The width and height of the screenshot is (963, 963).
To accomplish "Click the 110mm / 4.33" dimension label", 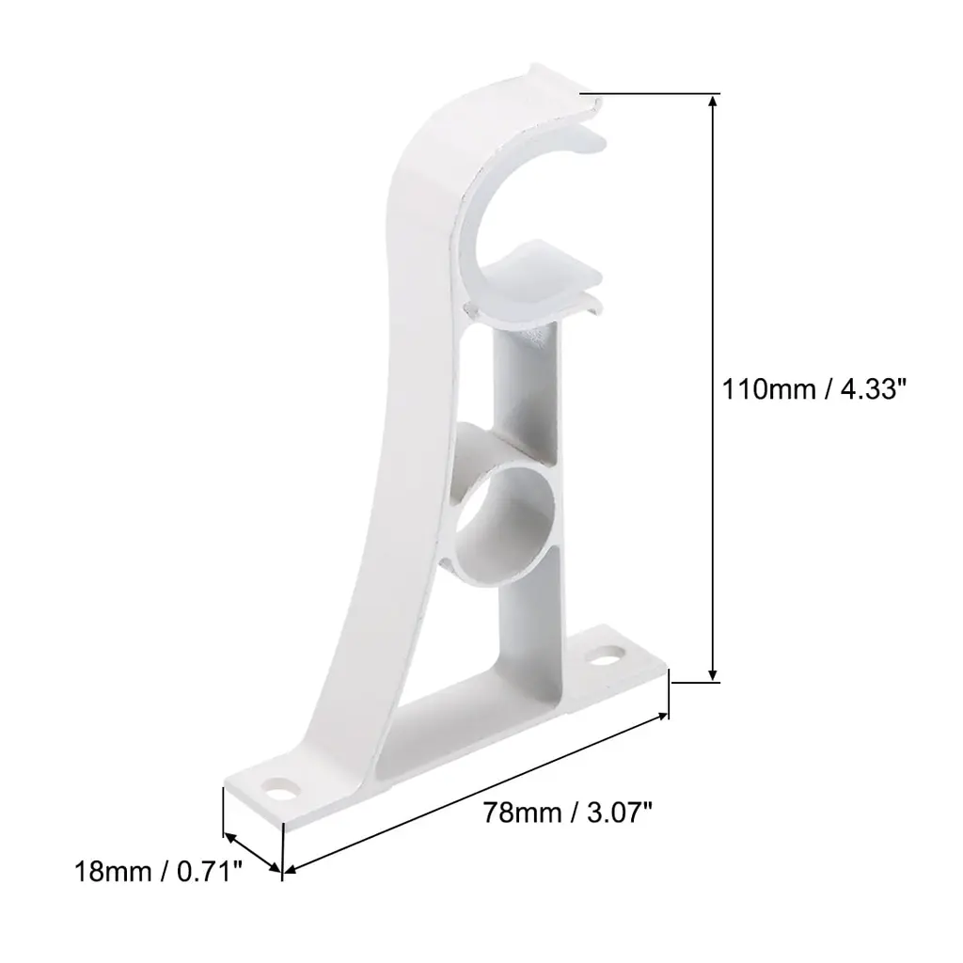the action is coord(813,389).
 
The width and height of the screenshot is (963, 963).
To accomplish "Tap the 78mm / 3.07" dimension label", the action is coord(567,813).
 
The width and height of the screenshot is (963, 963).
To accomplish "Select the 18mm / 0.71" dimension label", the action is coord(158,871).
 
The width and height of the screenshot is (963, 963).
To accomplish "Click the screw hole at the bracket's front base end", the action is coord(280,790).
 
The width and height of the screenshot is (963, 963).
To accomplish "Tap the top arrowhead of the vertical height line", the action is coord(713,100).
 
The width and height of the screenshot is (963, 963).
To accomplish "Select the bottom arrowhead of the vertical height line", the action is coord(713,674).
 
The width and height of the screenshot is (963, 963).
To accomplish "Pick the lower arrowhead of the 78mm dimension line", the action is coord(290,868).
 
